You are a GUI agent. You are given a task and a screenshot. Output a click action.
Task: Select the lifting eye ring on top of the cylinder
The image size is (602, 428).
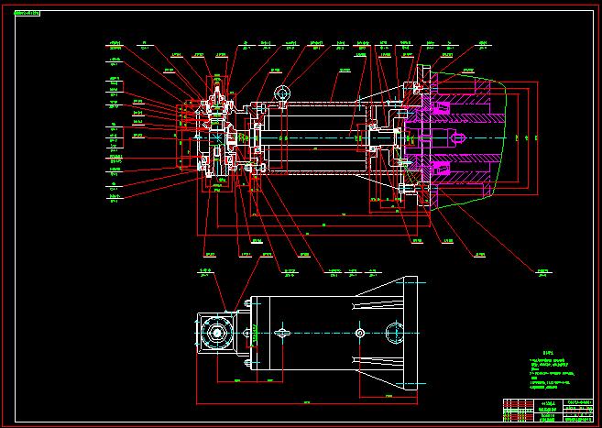tap(281, 93)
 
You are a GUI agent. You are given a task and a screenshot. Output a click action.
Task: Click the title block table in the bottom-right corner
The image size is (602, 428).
tap(546, 410)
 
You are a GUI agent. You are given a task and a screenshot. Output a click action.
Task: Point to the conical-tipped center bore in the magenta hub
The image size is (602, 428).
tap(458, 138)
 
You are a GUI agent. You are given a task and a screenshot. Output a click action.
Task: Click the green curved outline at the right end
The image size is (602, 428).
tap(499, 137)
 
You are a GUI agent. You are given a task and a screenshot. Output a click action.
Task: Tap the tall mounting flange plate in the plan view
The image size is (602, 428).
tap(410, 331)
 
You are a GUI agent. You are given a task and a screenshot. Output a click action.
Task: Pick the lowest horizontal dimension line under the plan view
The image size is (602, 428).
tap(307, 402)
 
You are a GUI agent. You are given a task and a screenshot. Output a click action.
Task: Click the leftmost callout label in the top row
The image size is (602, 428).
tap(115, 43)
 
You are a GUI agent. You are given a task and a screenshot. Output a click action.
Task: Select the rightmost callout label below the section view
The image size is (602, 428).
tap(543, 271)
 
